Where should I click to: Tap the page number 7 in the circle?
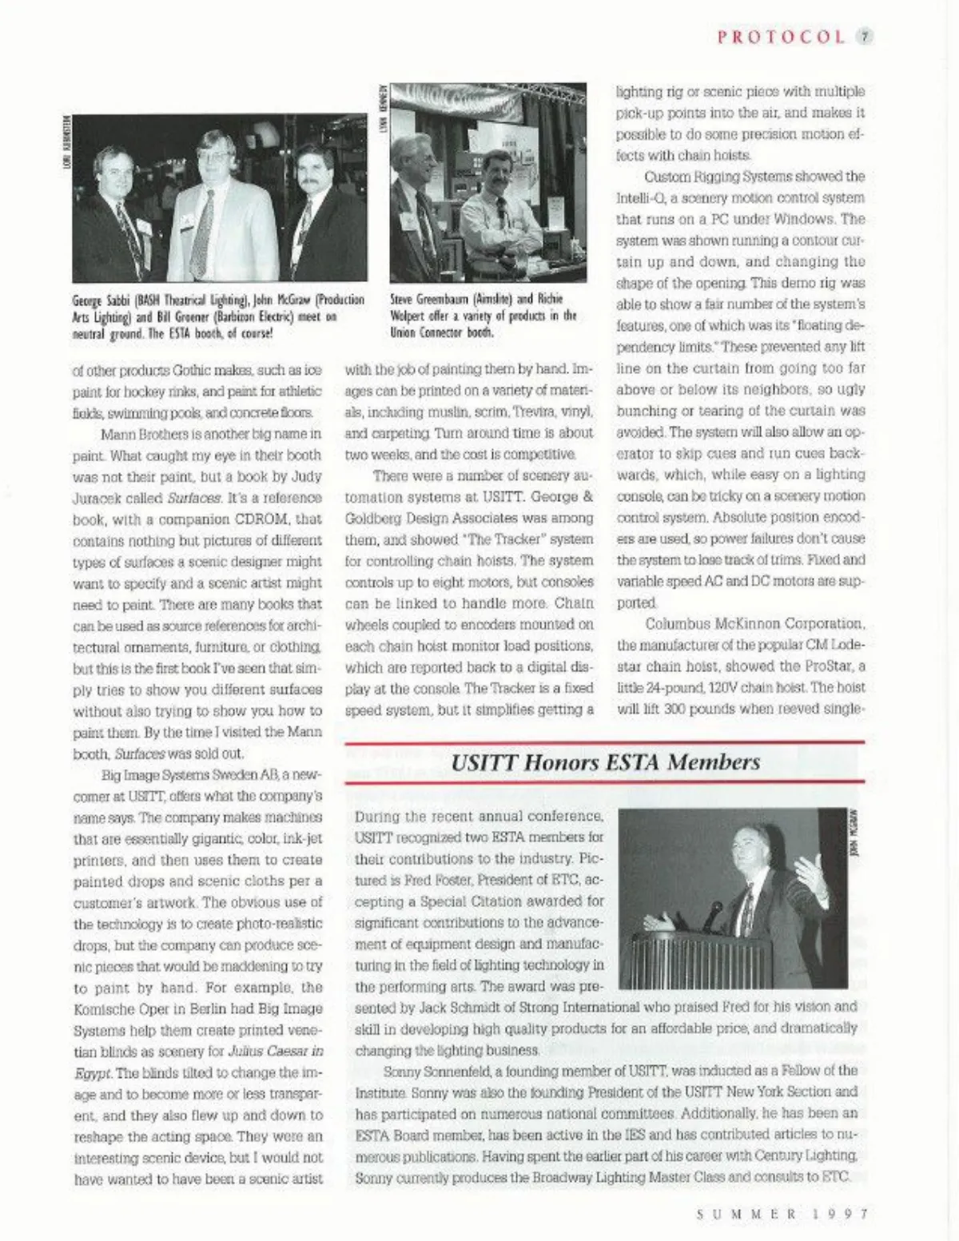(865, 37)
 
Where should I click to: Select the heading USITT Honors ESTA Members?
(605, 762)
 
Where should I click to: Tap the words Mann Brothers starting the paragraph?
(145, 434)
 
